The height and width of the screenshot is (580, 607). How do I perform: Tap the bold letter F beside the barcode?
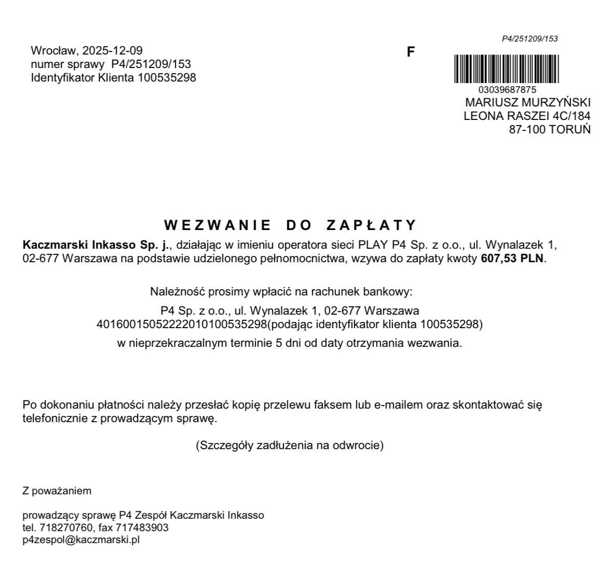click(410, 52)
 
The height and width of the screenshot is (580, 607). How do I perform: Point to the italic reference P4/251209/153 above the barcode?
click(530, 39)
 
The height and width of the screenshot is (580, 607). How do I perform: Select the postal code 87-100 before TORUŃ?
click(528, 129)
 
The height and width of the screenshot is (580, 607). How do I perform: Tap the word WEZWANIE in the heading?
click(217, 225)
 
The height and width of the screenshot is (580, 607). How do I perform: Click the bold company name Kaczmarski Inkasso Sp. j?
click(96, 245)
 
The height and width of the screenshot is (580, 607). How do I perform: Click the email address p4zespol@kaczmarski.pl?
click(81, 539)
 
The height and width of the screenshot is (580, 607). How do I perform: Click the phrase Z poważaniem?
click(57, 491)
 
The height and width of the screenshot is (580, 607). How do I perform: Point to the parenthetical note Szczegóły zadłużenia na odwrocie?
click(289, 446)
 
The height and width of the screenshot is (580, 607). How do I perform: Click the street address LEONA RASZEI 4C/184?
click(527, 116)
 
